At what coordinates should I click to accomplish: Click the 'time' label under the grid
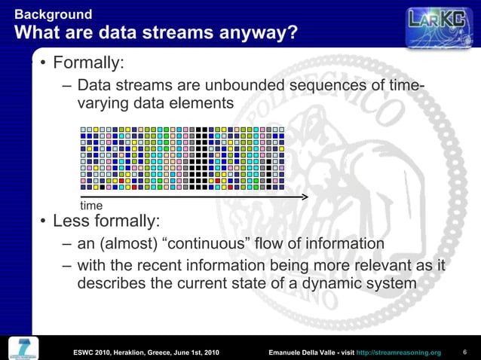point(91,206)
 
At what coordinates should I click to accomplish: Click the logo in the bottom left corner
point(24,346)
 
